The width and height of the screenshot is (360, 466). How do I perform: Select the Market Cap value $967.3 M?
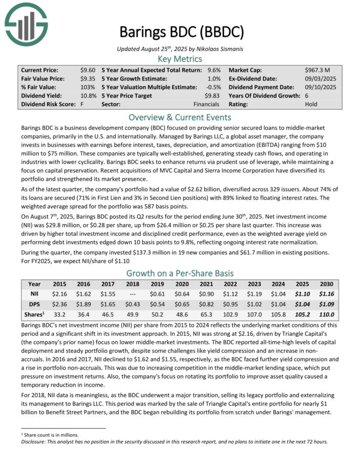[x=317, y=69]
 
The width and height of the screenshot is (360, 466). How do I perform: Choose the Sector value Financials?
[x=207, y=104]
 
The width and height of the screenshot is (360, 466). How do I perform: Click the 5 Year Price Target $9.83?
[x=212, y=95]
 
